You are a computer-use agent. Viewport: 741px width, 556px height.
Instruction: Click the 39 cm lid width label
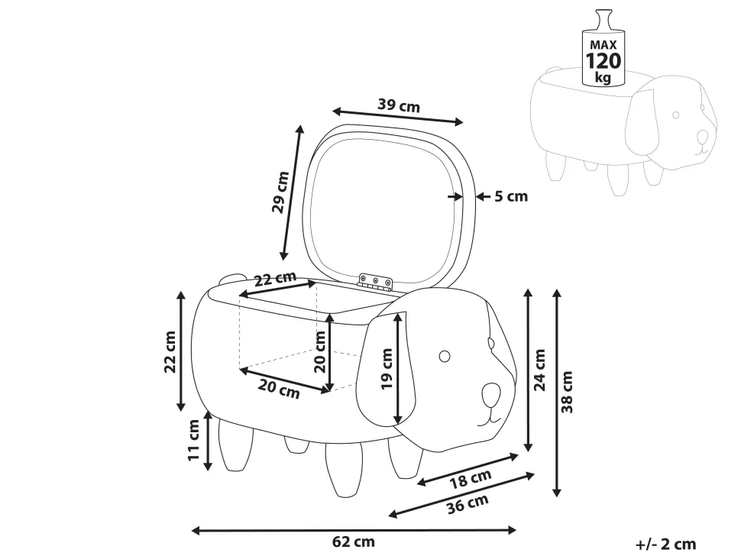pyautogui.click(x=399, y=105)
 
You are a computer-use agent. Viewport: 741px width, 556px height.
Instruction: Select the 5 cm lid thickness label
pyautogui.click(x=510, y=196)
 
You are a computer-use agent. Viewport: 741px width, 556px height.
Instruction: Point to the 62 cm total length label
pyautogui.click(x=354, y=542)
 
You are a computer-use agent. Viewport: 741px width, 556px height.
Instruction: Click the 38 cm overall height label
pyautogui.click(x=568, y=392)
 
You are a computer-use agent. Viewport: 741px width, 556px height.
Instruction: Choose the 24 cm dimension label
pyautogui.click(x=540, y=370)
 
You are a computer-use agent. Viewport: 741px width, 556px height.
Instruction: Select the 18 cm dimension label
pyautogui.click(x=469, y=480)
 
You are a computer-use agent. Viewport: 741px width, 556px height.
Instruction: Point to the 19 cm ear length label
pyautogui.click(x=387, y=369)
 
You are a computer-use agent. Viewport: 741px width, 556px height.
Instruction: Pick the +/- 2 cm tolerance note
pyautogui.click(x=665, y=544)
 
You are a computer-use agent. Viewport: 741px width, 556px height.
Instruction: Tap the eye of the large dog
pyautogui.click(x=444, y=355)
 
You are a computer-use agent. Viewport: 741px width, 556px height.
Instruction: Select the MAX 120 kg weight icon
pyautogui.click(x=603, y=50)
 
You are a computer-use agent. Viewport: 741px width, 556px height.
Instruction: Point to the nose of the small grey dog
pyautogui.click(x=702, y=137)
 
